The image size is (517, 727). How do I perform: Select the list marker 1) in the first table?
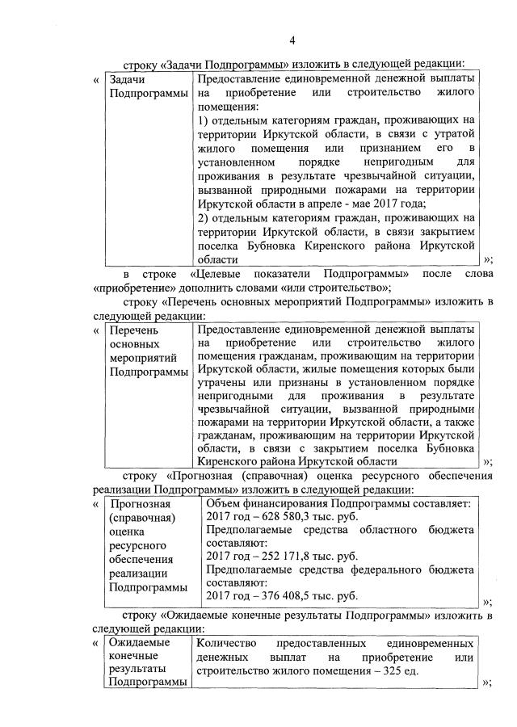204,120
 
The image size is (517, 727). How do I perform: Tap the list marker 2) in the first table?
204,217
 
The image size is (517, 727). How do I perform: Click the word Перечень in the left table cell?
133,330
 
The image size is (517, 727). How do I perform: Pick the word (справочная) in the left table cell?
141,517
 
